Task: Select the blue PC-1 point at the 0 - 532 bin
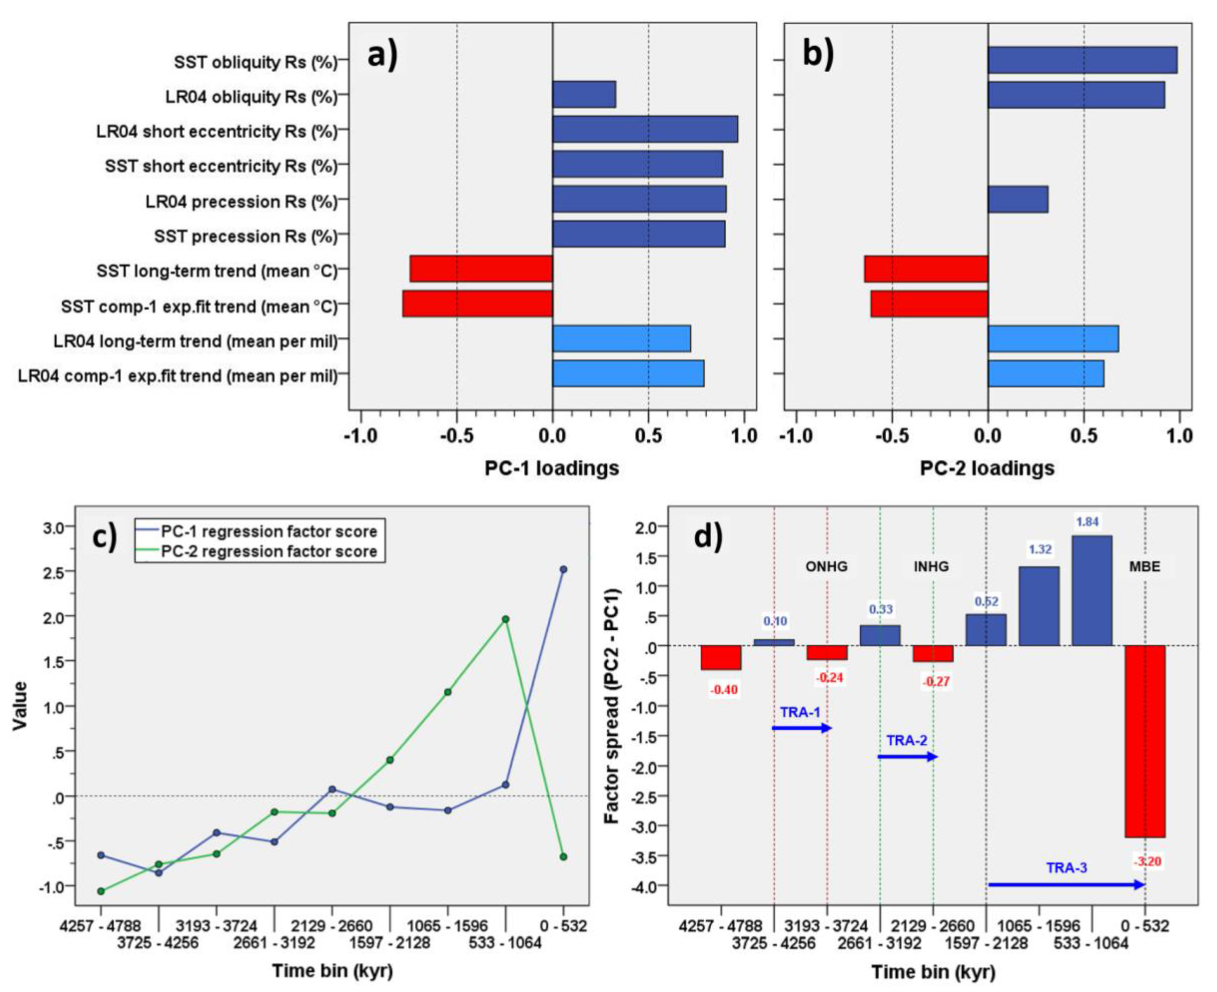563,570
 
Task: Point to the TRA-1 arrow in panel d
801,728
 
